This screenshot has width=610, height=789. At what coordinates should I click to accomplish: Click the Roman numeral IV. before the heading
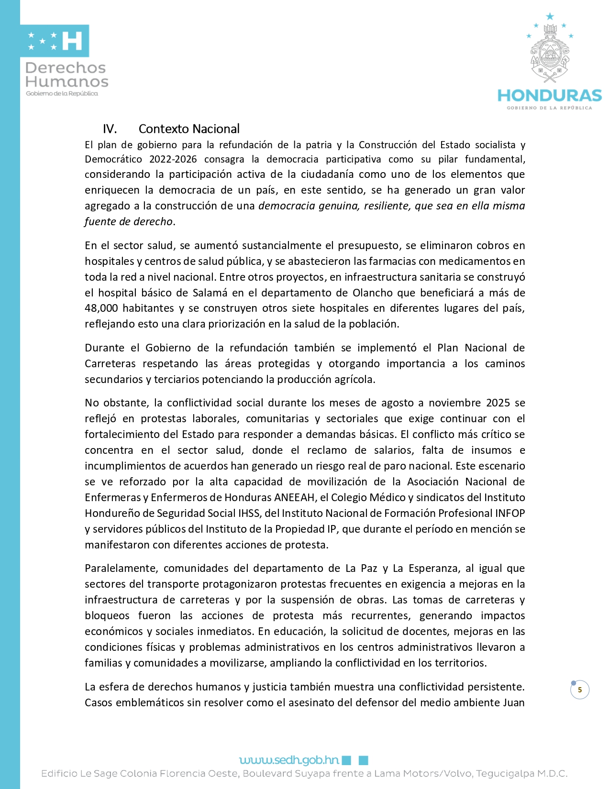pos(110,129)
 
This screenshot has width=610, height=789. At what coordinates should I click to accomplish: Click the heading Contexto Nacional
pos(189,129)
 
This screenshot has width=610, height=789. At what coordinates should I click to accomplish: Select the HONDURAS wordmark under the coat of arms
pos(550,96)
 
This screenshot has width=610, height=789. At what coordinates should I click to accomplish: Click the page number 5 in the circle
pos(580,690)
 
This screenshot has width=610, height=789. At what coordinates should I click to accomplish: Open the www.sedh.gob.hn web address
pos(289,760)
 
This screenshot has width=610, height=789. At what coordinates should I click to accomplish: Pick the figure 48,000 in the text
pos(101,308)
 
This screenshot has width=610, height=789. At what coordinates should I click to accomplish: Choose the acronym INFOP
pos(510,513)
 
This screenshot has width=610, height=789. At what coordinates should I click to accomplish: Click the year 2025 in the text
pos(498,403)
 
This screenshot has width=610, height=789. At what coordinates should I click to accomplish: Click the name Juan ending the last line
pos(513,702)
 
